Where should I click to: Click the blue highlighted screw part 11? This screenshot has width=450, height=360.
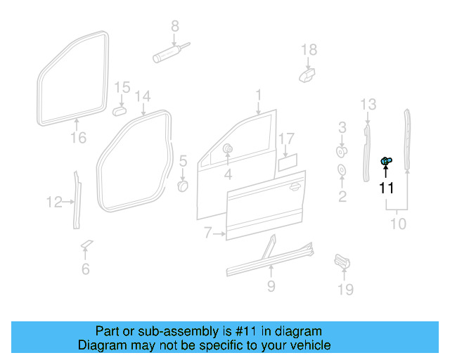pos(387,162)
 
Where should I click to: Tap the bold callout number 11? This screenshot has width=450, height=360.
pos(387,188)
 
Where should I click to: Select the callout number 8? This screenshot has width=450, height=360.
pos(176,26)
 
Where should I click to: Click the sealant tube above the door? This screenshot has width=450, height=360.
pos(168,53)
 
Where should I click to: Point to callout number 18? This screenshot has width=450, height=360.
pos(309,49)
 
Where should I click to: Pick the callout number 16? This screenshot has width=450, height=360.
pos(79,138)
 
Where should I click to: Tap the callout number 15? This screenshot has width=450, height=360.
pos(122,87)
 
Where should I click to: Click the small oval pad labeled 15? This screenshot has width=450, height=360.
pos(120,110)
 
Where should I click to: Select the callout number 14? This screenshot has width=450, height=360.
pos(143,96)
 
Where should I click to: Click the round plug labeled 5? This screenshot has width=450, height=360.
pos(181,186)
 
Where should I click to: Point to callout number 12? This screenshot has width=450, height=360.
pos(54,202)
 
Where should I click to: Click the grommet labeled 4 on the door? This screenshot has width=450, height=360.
pos(229,149)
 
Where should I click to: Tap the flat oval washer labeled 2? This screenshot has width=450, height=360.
pos(342,170)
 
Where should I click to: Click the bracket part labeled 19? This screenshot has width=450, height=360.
pos(342,262)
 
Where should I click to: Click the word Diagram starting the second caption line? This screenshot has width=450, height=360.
pos(103,345)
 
